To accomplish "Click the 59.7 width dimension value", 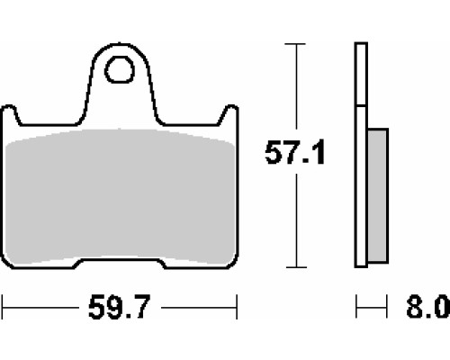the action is [x=119, y=307].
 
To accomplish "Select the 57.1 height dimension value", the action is [x=295, y=152].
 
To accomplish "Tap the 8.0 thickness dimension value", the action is [x=427, y=307].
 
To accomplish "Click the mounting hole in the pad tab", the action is [x=120, y=69].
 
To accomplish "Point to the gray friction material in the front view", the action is [x=120, y=196].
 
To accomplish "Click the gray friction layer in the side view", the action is [x=378, y=195].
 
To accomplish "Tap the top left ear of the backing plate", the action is [x=10, y=114].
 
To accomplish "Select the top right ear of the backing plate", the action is [x=229, y=114].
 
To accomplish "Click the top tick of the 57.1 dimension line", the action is [x=295, y=44].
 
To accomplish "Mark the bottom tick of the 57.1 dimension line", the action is [x=296, y=267].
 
